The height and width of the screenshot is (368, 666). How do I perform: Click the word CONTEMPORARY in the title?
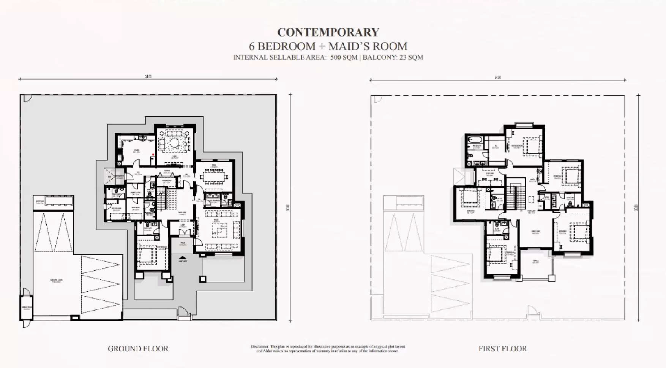coord(328,33)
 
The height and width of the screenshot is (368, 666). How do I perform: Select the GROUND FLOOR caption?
coord(138,349)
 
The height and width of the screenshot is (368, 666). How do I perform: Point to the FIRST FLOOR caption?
coord(502,349)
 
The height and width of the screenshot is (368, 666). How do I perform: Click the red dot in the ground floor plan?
coord(153,154)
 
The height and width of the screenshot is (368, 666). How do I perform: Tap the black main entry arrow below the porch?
coord(183,258)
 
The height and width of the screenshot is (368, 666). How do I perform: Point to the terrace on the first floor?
coord(535,264)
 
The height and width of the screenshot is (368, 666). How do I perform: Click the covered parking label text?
coord(56,281)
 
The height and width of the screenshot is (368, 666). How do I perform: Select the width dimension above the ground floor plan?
coord(148,77)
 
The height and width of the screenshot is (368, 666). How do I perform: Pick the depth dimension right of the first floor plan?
coord(636,208)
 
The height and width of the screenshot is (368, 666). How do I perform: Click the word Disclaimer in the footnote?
coord(260,347)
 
